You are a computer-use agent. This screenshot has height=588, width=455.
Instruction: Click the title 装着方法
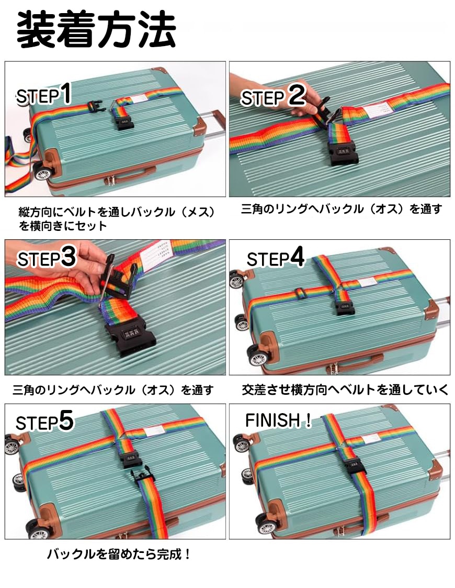click(x=96, y=30)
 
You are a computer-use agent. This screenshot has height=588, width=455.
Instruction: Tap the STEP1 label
click(x=43, y=94)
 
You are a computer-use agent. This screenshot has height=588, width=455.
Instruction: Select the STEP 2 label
click(x=273, y=96)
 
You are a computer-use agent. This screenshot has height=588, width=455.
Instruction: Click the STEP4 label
click(x=275, y=258)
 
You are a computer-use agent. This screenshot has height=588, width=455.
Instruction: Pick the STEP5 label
click(x=44, y=421)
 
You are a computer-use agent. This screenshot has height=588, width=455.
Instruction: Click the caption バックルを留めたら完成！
click(x=119, y=554)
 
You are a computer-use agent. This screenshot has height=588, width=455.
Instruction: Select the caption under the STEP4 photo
click(x=345, y=390)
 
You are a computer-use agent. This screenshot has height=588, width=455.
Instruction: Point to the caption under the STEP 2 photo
click(x=342, y=209)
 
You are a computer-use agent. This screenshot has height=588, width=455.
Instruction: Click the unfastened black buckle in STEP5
click(x=142, y=476)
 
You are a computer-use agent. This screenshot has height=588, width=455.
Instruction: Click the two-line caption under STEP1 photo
click(x=117, y=219)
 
